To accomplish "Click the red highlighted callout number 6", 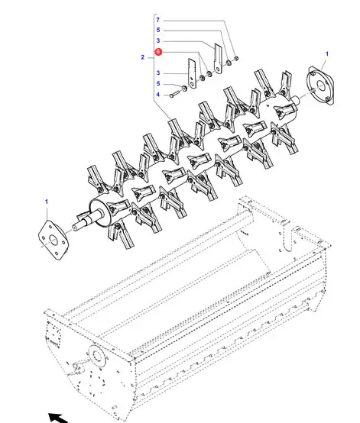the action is pyautogui.click(x=158, y=51).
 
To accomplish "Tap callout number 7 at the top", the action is pyautogui.click(x=158, y=20).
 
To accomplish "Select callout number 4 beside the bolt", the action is pyautogui.click(x=158, y=95).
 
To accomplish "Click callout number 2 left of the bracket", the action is pyautogui.click(x=143, y=57).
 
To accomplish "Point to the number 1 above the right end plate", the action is pyautogui.click(x=327, y=53).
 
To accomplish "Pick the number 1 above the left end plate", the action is pyautogui.click(x=47, y=202).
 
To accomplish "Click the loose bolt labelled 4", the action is pyautogui.click(x=174, y=94).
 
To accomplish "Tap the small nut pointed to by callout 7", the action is pyautogui.click(x=236, y=58).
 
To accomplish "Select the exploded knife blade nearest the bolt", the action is pyautogui.click(x=192, y=73).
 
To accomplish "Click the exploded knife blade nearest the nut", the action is pyautogui.click(x=218, y=58).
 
